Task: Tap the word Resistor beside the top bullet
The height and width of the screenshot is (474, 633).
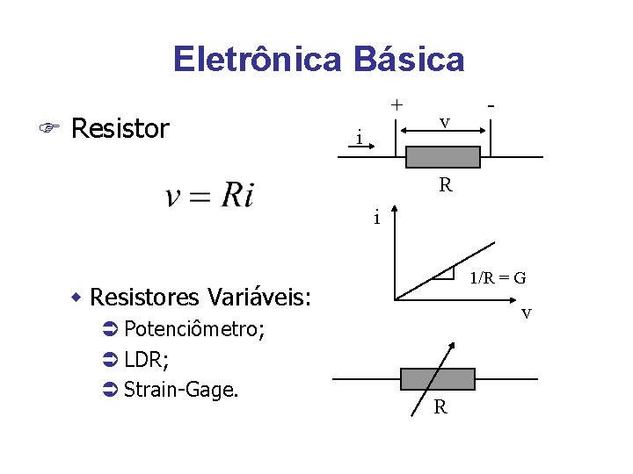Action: pyautogui.click(x=120, y=129)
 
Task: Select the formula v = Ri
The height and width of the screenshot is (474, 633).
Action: pyautogui.click(x=209, y=194)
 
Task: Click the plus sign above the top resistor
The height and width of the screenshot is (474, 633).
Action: pyautogui.click(x=397, y=104)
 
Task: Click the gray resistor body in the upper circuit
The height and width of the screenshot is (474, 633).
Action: pyautogui.click(x=443, y=157)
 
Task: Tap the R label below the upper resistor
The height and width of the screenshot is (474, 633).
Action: pyautogui.click(x=446, y=185)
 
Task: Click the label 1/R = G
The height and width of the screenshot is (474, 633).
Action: pyautogui.click(x=498, y=278)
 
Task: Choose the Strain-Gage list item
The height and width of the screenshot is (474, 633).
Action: pyautogui.click(x=180, y=389)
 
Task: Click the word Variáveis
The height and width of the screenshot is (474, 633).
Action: pyautogui.click(x=263, y=297)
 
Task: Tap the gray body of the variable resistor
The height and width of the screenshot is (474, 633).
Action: pyautogui.click(x=437, y=379)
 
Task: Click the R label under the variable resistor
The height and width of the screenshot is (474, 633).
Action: pyautogui.click(x=440, y=406)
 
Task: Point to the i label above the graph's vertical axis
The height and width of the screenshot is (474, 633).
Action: pyautogui.click(x=376, y=217)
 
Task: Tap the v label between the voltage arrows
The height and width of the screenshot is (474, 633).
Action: pyautogui.click(x=445, y=122)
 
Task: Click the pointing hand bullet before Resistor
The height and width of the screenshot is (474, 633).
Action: pyautogui.click(x=51, y=130)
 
